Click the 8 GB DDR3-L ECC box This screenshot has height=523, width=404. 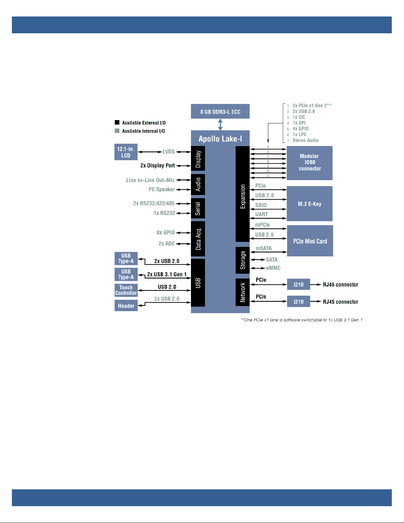[220, 111]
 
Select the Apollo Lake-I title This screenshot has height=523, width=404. [220, 139]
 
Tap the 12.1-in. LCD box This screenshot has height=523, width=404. [126, 152]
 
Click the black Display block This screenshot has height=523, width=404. [198, 158]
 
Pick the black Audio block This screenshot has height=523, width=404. [198, 184]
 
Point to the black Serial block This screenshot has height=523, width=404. [198, 209]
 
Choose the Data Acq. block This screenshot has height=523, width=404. [198, 239]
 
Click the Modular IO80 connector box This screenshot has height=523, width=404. [309, 163]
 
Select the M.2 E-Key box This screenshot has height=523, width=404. [309, 204]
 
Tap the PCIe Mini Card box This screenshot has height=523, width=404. [310, 241]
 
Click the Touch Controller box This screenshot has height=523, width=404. [126, 290]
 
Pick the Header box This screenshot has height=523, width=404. [126, 306]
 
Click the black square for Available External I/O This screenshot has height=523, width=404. [117, 122]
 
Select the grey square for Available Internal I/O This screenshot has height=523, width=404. [117, 131]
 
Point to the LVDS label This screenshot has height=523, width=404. [169, 152]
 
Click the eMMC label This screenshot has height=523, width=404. [273, 268]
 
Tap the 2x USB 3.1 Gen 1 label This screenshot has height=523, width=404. [167, 275]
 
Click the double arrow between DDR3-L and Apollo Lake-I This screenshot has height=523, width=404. [220, 124]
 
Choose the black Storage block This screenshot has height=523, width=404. [242, 260]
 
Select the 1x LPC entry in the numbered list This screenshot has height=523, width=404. [299, 134]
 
